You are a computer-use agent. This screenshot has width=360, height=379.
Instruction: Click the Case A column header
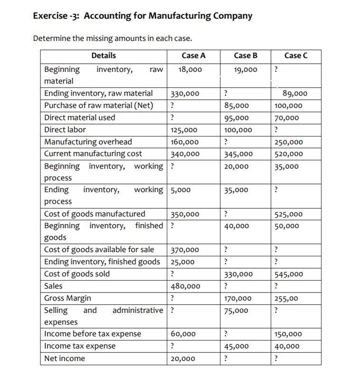point(194,56)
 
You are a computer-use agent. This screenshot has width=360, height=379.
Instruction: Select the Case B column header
point(245,56)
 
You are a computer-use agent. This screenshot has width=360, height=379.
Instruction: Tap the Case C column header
point(296,56)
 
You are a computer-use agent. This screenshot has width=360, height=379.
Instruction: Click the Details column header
point(103,56)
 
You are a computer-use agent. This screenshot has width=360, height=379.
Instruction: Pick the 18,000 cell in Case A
point(189,70)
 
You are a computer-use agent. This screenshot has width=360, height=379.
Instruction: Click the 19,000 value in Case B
point(246,70)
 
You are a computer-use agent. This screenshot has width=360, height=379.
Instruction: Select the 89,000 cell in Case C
point(295,94)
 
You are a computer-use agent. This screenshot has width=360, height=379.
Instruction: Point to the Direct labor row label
point(65,129)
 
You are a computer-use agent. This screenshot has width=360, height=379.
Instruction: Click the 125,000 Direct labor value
point(185,130)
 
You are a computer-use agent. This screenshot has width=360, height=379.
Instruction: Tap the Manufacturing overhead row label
point(88,141)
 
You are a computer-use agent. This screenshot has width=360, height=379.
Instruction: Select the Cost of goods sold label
point(77,273)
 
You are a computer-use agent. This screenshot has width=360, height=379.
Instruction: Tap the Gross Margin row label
point(68,298)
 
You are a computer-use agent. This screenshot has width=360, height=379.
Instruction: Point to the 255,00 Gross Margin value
point(287,299)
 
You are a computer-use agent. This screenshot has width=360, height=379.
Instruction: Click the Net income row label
point(65,358)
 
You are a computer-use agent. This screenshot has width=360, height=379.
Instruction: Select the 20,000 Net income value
point(183,359)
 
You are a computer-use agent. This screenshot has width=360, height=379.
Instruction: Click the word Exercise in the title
point(50,16)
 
